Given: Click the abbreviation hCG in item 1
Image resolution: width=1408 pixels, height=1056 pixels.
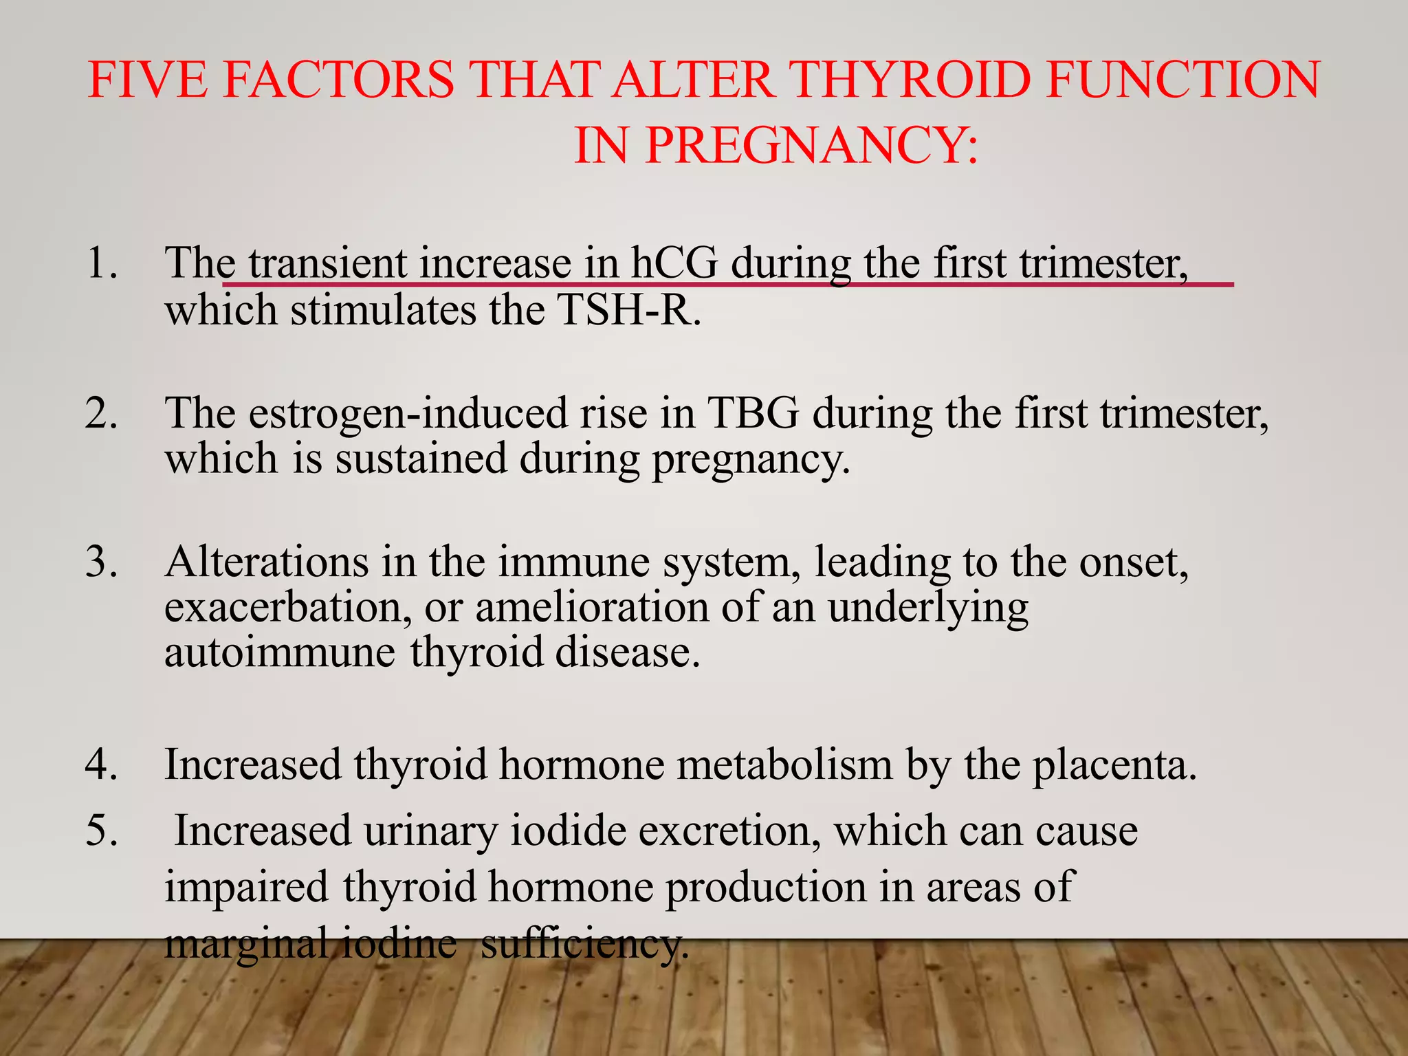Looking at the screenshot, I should click(x=674, y=263).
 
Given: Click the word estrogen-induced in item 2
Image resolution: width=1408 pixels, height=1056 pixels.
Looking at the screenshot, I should click(x=407, y=413).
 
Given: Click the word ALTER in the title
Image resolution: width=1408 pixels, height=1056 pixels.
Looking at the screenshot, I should click(x=692, y=80).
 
